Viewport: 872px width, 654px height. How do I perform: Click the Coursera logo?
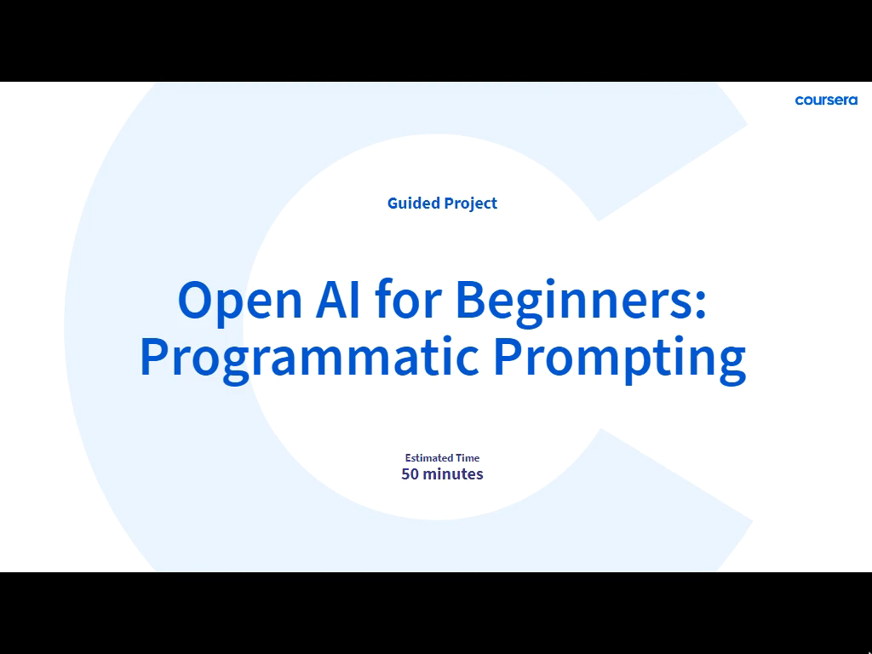pos(826,100)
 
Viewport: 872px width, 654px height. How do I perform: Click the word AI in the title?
pos(337,300)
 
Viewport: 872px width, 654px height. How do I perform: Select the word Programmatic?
pos(309,359)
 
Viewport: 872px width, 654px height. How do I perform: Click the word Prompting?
pos(620,359)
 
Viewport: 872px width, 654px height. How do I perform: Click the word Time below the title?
pos(468,457)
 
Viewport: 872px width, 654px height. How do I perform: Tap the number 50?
pos(410,473)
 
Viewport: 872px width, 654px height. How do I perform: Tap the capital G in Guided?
pos(393,204)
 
